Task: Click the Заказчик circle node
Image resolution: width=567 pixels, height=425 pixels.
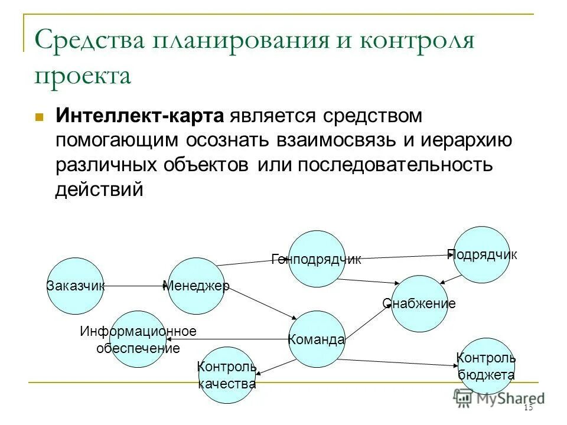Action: coord(75,286)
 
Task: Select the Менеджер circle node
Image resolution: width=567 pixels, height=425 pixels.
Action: coord(196,286)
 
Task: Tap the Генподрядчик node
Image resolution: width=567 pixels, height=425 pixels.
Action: coord(317,259)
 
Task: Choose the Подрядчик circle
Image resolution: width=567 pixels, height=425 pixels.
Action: coord(481,254)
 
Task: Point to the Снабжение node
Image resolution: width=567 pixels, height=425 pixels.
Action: coord(419,303)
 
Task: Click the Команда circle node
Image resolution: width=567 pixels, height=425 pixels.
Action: coord(317,339)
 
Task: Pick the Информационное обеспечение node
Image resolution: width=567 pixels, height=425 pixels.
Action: coord(138,339)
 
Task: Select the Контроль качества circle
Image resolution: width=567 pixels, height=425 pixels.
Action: coord(227,375)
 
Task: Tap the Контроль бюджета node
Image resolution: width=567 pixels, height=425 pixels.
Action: coord(486,366)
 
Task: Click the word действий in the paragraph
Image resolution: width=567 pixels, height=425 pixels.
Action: coord(99,189)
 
